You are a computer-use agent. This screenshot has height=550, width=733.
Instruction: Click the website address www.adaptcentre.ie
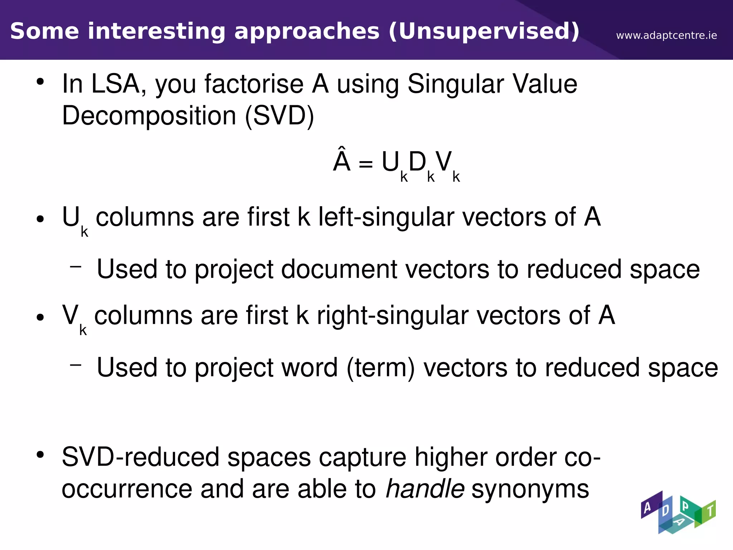[x=666, y=35]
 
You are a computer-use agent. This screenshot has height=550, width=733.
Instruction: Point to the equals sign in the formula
[x=365, y=164]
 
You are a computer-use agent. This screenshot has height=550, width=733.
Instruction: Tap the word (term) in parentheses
[x=380, y=368]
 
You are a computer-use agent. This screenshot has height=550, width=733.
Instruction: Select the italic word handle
[x=425, y=489]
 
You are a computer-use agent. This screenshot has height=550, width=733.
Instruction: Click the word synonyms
[x=530, y=489]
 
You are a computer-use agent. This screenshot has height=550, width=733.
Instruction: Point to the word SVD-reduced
[x=141, y=457]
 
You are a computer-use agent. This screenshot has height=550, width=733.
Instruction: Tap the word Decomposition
[x=149, y=116]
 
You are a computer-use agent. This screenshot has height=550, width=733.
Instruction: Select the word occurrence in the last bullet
[x=127, y=489]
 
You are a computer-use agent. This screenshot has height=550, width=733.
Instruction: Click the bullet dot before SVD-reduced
[x=40, y=455]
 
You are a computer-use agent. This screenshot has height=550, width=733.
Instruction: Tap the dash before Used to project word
[x=76, y=365]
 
